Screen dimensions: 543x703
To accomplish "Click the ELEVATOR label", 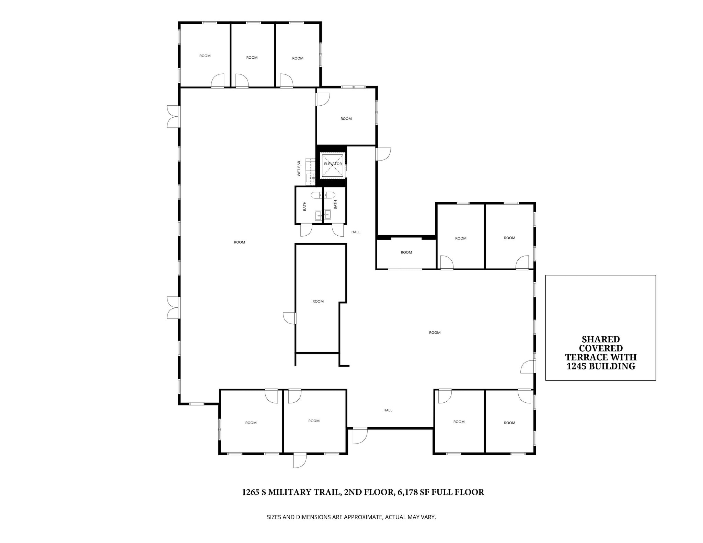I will [x=333, y=164].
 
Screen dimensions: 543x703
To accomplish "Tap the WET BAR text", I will [x=299, y=168].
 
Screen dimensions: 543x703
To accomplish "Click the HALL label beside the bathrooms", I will [x=356, y=232].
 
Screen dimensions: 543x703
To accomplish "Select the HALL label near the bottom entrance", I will [x=388, y=410].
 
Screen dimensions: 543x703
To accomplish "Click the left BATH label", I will [x=304, y=206].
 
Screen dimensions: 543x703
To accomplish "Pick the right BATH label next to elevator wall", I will [x=335, y=205].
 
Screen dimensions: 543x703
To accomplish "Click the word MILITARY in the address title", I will [x=290, y=492].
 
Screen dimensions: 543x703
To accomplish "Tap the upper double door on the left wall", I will [x=173, y=117].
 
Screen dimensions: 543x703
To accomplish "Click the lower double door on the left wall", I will [x=173, y=308].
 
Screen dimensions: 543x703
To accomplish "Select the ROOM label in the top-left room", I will [x=205, y=56].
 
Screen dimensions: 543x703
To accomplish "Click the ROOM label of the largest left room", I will [x=239, y=242].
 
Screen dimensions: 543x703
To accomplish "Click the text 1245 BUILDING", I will [x=601, y=366].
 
